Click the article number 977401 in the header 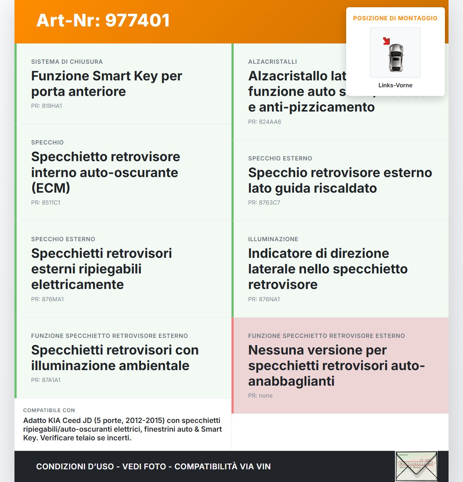(137, 20)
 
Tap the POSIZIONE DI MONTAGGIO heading (395, 18)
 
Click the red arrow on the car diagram (386, 41)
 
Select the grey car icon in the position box (396, 58)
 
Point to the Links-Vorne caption (395, 85)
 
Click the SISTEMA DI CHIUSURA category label (67, 62)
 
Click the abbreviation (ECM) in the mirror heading (51, 188)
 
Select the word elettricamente (77, 285)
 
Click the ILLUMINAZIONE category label (273, 239)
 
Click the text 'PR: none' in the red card (260, 396)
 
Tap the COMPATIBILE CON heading (49, 410)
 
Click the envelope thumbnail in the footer (416, 466)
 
